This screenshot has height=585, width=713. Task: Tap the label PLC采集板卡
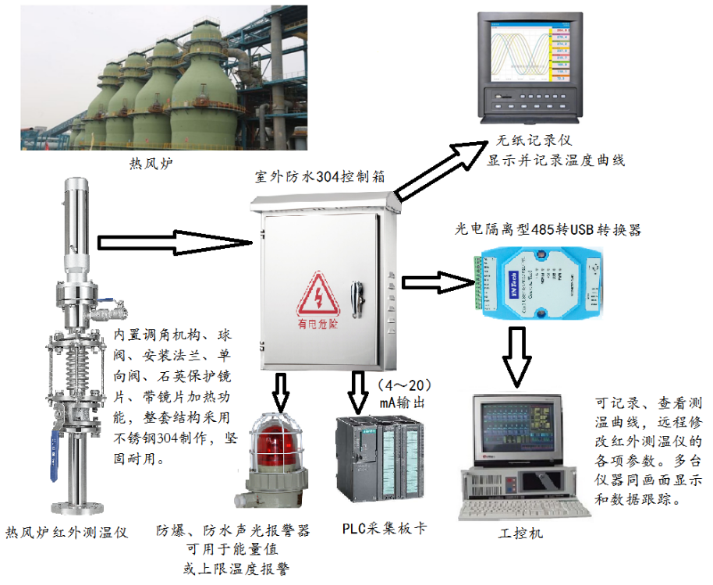[x=385, y=528]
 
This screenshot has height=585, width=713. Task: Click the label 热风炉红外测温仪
[x=67, y=532]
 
